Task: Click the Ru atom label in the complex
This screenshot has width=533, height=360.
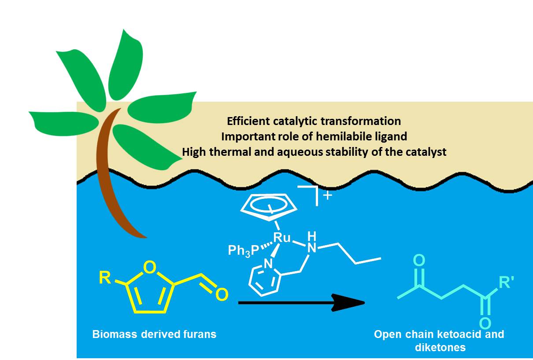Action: pos(282,237)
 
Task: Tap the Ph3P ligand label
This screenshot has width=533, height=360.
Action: pos(244,250)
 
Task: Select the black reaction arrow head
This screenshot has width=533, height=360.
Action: pos(348,303)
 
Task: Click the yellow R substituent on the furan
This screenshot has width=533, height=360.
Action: pos(105,278)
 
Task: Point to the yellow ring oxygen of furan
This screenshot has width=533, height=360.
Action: pos(150,267)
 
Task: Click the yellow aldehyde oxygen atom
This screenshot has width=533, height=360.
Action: pos(222,294)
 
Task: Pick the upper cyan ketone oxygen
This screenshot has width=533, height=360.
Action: pos(419,260)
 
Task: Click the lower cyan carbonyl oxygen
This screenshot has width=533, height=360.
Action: pos(485,323)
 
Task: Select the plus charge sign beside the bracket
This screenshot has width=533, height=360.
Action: pos(328,195)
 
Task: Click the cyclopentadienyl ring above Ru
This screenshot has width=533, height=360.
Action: pos(269,207)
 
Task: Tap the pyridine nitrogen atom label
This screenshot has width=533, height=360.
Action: pos(268,264)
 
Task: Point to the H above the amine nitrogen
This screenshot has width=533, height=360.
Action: pos(312,236)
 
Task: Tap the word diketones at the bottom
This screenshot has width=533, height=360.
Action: pos(440,347)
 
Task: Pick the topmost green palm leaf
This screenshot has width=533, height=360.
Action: pos(126,66)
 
